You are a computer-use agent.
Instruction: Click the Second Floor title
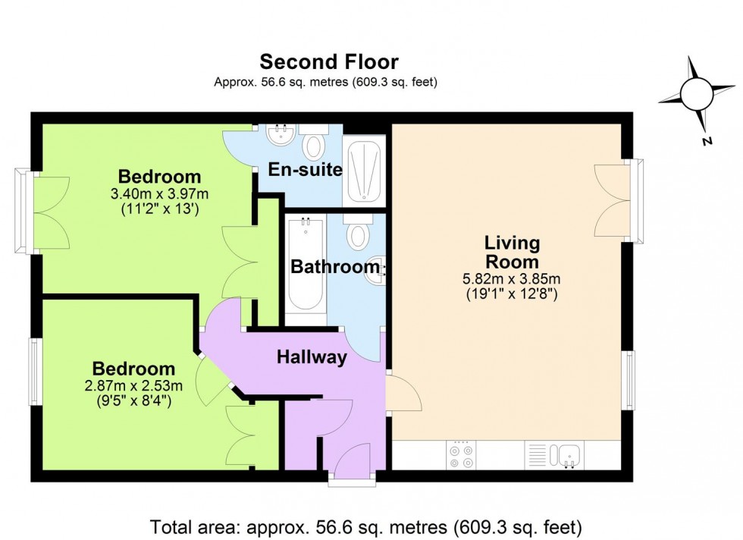pyautogui.click(x=328, y=61)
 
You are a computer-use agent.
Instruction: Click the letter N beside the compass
pyautogui.click(x=705, y=141)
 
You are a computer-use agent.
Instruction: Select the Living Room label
pyautogui.click(x=512, y=253)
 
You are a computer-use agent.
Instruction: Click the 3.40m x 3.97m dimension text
pyautogui.click(x=160, y=193)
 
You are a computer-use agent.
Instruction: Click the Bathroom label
pyautogui.click(x=334, y=267)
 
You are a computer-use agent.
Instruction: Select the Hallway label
pyautogui.click(x=312, y=357)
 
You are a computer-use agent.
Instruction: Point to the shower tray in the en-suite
pyautogui.click(x=363, y=171)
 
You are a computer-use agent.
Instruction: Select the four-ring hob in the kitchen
pyautogui.click(x=462, y=456)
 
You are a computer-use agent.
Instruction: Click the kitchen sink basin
pyautogui.click(x=568, y=455)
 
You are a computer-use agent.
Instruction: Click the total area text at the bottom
pyautogui.click(x=366, y=526)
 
